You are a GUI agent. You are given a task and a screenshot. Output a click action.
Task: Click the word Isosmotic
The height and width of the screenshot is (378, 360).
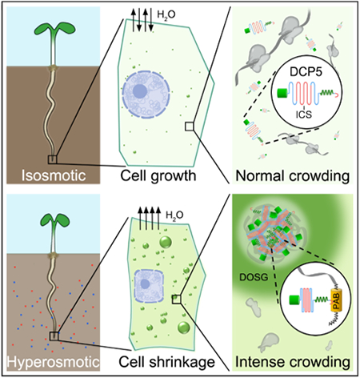(54, 175)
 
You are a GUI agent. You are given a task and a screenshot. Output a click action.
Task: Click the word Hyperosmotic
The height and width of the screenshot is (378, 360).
(54, 362)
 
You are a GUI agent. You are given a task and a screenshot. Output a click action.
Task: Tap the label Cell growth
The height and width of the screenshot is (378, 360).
(158, 176)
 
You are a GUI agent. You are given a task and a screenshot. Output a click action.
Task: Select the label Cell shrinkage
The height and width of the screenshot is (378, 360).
(166, 362)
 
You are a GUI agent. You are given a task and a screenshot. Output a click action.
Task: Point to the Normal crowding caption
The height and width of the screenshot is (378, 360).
(293, 176)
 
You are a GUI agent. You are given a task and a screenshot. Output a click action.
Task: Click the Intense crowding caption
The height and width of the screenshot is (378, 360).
(293, 362)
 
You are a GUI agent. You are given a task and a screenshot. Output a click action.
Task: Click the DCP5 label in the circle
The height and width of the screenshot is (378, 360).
(306, 72)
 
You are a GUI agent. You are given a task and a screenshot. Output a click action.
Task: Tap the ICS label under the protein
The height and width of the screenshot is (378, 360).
(304, 115)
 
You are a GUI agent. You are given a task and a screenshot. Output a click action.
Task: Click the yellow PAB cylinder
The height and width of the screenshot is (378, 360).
(337, 300)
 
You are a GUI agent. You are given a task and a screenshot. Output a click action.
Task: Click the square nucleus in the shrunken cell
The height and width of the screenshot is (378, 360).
(149, 286)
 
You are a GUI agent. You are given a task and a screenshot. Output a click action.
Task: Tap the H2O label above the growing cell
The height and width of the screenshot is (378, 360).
(166, 14)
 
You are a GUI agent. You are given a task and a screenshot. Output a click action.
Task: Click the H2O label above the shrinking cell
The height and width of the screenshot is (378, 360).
(174, 216)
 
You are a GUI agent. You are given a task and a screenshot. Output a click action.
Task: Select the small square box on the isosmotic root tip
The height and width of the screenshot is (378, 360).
(53, 159)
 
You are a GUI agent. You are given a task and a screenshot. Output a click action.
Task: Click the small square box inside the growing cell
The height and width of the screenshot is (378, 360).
(189, 127)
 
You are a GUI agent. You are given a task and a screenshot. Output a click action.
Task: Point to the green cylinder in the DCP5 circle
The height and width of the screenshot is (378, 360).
(282, 93)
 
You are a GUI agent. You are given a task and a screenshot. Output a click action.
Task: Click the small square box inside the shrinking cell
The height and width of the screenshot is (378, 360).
(176, 300)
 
